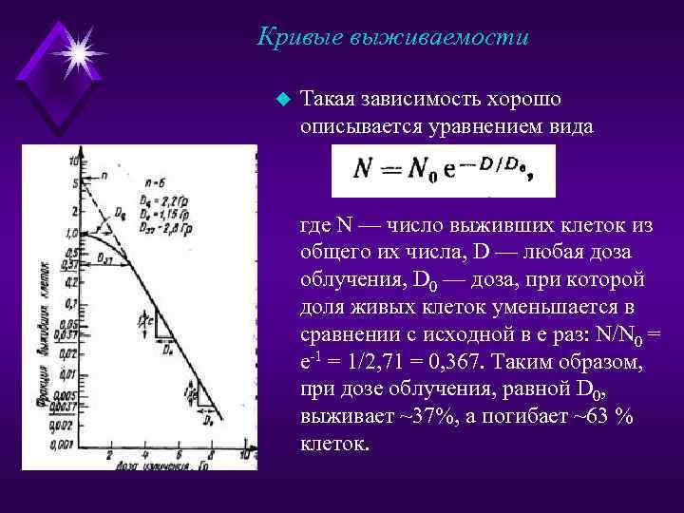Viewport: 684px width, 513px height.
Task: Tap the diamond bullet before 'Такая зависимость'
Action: pyautogui.click(x=279, y=98)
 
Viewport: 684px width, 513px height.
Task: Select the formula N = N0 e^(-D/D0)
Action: pyautogui.click(x=443, y=170)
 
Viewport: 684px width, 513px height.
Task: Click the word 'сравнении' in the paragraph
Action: pyautogui.click(x=345, y=333)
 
